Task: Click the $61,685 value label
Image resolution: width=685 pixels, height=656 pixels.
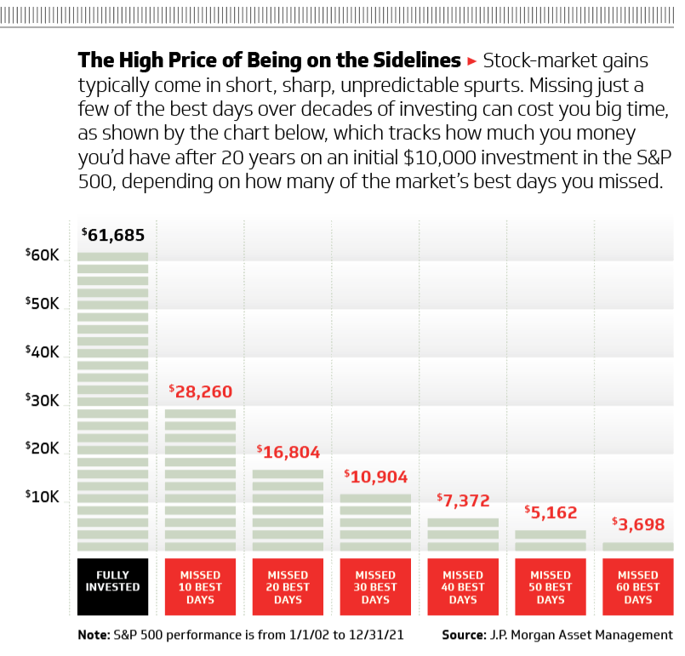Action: click(x=113, y=235)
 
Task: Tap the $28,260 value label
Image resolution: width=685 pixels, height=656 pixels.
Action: click(x=200, y=391)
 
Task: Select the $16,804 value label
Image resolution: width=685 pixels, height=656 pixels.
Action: click(x=288, y=452)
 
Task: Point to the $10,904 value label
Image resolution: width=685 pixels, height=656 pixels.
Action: click(x=375, y=476)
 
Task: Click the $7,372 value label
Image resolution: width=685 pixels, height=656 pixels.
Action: click(x=463, y=500)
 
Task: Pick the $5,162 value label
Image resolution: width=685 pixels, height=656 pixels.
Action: click(x=551, y=512)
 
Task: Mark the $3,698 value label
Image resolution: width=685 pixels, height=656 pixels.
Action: click(x=637, y=524)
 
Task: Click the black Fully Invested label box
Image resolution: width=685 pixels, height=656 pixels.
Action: click(x=113, y=587)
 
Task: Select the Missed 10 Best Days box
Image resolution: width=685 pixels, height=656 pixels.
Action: click(x=200, y=587)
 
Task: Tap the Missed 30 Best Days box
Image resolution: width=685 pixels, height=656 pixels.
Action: click(x=375, y=587)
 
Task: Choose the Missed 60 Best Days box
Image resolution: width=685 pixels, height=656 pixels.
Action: click(x=637, y=587)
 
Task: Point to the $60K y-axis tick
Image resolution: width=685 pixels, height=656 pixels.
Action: click(x=42, y=254)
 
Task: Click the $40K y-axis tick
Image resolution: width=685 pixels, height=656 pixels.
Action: click(x=42, y=351)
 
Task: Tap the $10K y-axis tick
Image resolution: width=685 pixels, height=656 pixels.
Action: click(x=42, y=497)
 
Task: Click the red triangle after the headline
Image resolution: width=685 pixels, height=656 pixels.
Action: click(x=472, y=61)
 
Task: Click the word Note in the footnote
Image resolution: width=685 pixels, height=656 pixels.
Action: click(x=93, y=635)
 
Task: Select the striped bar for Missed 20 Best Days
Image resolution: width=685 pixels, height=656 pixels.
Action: click(x=288, y=511)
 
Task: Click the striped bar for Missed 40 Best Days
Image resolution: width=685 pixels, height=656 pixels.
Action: click(x=463, y=534)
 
